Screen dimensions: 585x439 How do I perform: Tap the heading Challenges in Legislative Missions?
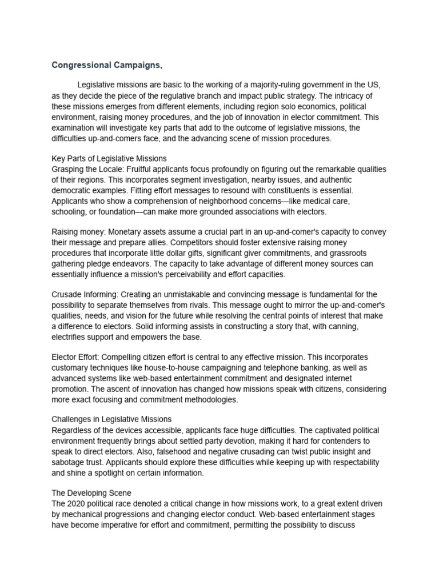coord(111,419)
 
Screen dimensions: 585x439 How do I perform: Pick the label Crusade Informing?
coord(86,294)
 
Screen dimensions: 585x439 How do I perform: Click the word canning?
coord(330,327)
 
